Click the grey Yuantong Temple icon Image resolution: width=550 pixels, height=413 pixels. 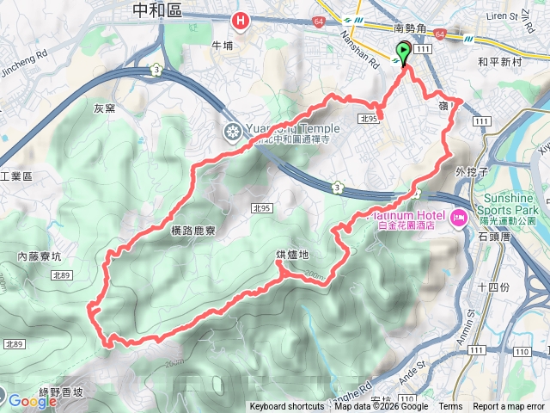click(232, 132)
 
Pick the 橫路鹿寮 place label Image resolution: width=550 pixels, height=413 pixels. click(186, 231)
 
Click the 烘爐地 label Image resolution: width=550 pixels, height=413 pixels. click(291, 255)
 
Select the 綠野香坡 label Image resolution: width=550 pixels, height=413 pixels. click(65, 391)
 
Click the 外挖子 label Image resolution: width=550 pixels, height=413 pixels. click(472, 171)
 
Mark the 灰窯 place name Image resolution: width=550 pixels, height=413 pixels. click(104, 108)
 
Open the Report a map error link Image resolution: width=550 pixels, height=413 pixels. click(509, 407)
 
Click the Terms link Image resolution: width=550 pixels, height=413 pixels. click(450, 407)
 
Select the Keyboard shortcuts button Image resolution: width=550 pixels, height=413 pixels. click(287, 407)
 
